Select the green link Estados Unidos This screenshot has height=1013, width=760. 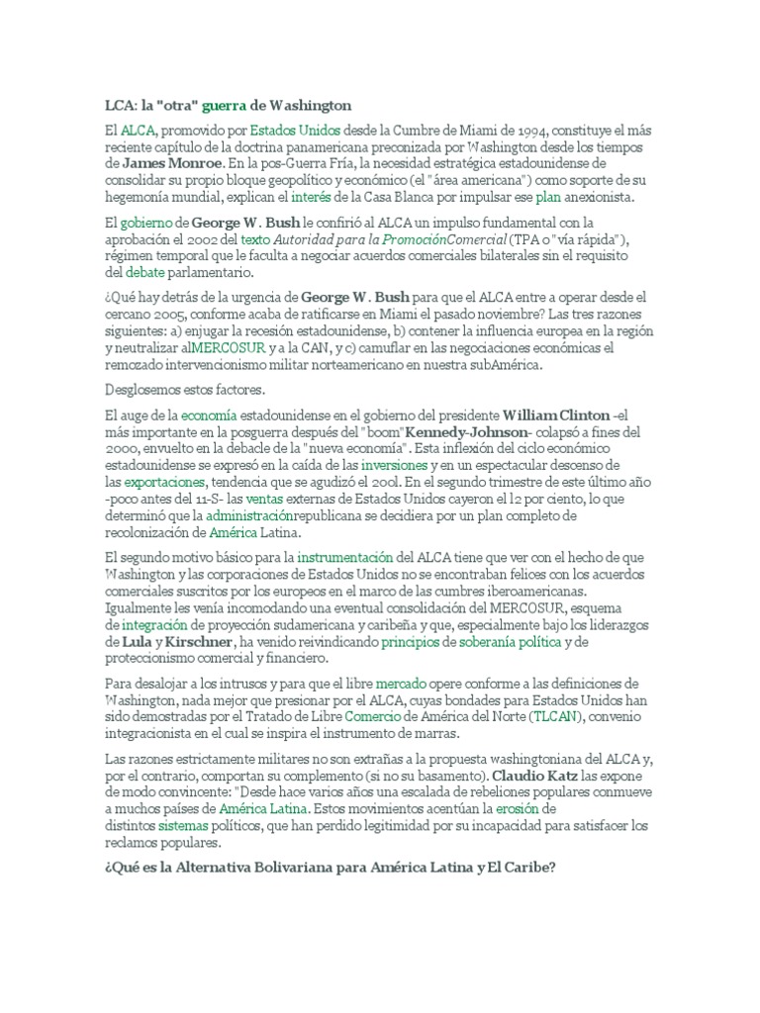(295, 130)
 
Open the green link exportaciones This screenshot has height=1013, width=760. (164, 482)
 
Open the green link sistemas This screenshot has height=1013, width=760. (183, 825)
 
